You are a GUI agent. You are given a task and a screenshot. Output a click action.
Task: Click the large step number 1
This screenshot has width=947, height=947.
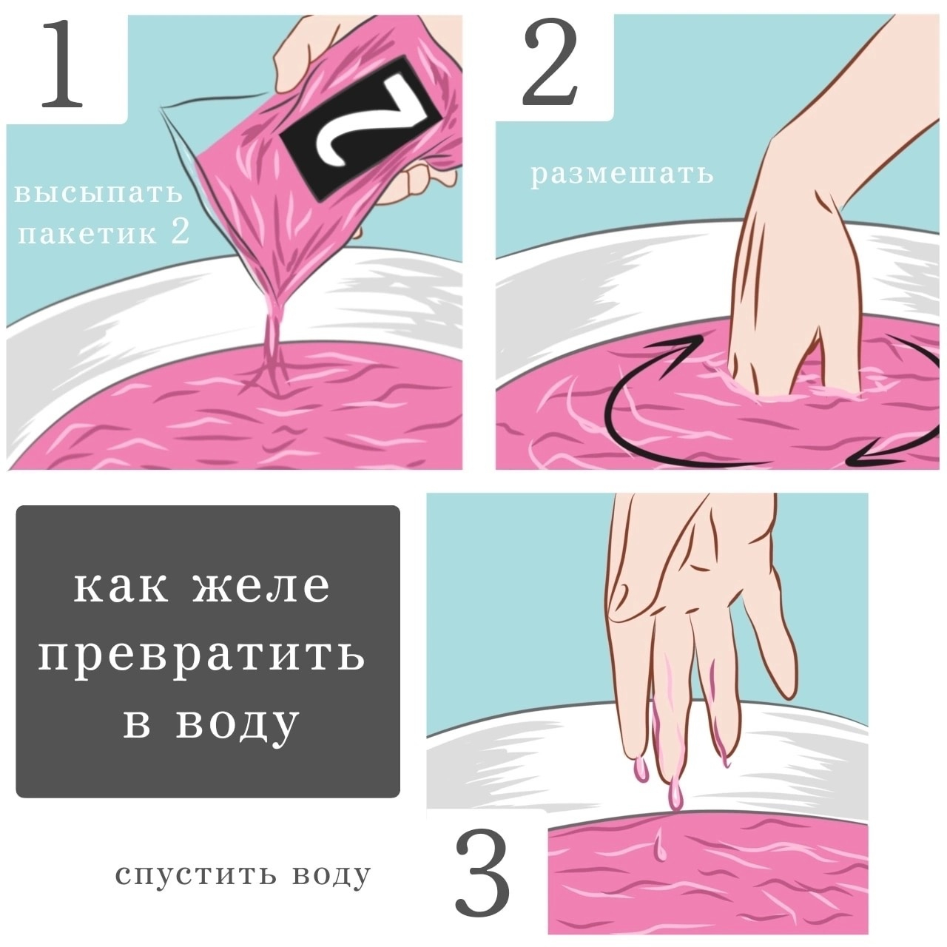62,64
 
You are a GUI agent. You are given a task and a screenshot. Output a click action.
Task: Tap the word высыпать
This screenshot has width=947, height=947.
98,192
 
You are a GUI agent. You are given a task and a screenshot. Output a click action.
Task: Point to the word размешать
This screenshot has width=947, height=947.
621,175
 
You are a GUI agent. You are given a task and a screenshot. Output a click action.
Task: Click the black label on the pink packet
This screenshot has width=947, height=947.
364,129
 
